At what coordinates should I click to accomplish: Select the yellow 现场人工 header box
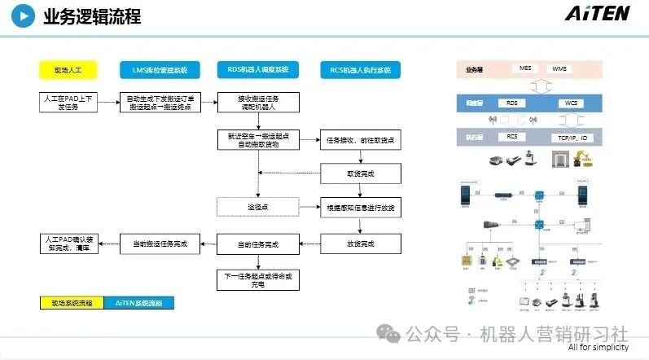[68, 70]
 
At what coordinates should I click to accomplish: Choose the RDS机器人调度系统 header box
[257, 70]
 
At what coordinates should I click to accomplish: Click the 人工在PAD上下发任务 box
[68, 102]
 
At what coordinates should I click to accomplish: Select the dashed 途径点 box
[257, 207]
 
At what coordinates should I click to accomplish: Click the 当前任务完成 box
[257, 244]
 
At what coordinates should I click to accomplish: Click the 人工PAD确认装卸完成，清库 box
[68, 243]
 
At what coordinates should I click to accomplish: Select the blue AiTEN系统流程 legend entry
[138, 303]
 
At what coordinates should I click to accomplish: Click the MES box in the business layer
[525, 68]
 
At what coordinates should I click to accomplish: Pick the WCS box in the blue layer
[569, 103]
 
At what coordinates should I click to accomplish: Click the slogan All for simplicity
[599, 348]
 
